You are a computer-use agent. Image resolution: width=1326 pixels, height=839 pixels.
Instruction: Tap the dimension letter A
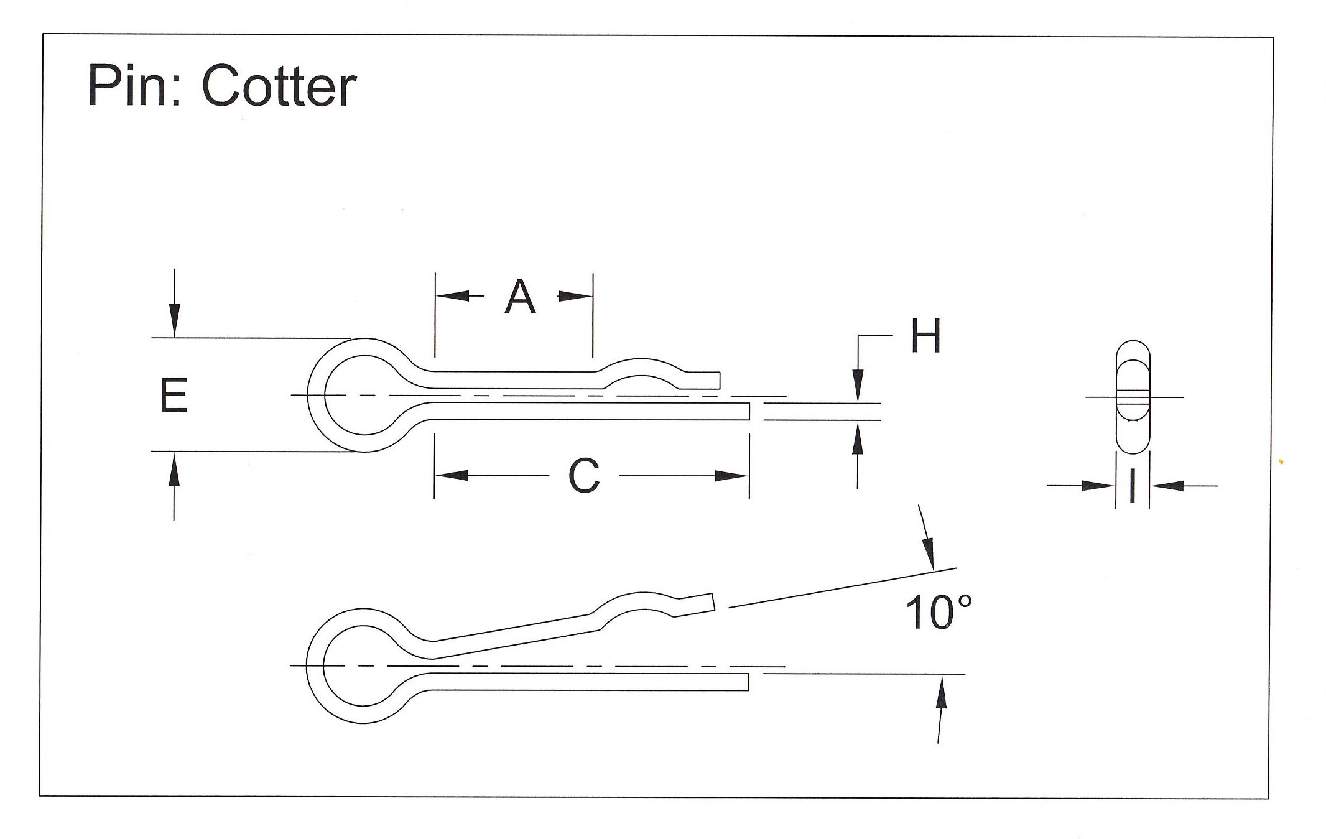click(x=520, y=297)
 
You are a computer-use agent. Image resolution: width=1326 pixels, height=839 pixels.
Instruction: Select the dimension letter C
click(x=584, y=476)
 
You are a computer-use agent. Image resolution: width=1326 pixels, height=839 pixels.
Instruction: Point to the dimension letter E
click(x=174, y=396)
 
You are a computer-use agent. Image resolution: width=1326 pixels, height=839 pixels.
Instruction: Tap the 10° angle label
click(x=938, y=613)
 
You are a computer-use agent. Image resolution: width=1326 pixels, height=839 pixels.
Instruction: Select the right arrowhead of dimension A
click(x=575, y=296)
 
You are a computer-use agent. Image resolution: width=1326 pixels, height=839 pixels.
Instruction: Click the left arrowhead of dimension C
click(x=452, y=476)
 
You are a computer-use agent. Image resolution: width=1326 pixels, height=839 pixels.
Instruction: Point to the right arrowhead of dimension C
click(x=731, y=476)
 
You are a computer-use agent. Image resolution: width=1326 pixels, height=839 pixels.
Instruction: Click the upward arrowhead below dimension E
click(x=174, y=468)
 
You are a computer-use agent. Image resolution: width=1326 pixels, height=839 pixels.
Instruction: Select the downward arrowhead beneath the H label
click(x=858, y=386)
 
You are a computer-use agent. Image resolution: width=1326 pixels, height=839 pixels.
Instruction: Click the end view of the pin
click(x=1133, y=396)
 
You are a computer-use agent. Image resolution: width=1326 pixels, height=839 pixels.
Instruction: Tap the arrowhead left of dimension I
click(x=1098, y=486)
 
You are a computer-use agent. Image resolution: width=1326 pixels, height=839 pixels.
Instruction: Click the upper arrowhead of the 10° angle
click(x=929, y=552)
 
